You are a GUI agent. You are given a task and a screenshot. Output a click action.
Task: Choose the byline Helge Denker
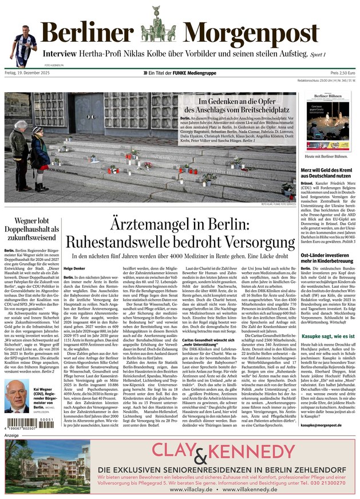(75, 268)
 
